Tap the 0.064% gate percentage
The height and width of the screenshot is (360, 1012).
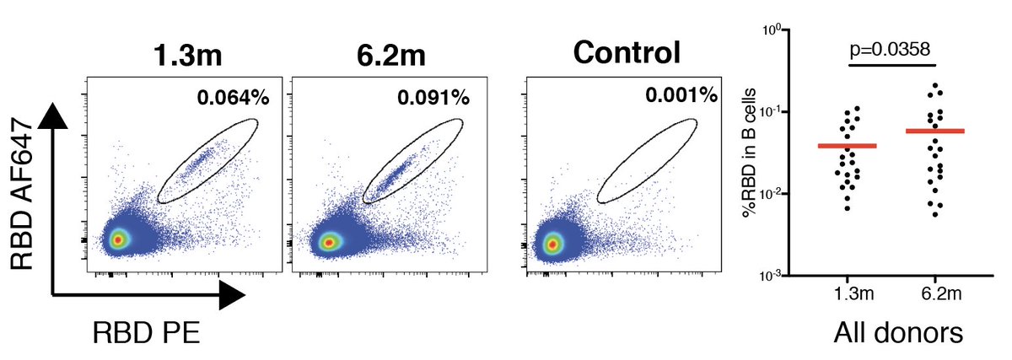point(233,98)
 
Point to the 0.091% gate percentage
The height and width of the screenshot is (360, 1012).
point(433,98)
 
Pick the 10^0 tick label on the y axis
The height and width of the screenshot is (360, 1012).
point(772,30)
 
